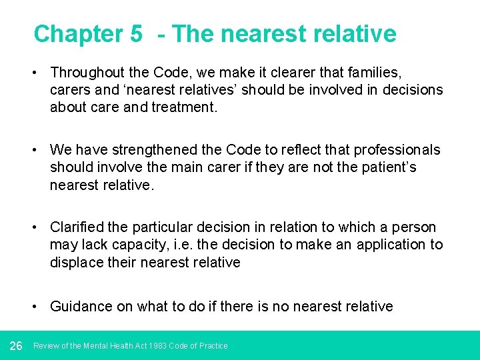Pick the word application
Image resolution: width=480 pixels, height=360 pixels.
390,245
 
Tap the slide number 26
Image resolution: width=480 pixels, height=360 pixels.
17,345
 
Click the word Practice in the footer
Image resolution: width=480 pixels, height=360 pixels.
214,346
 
